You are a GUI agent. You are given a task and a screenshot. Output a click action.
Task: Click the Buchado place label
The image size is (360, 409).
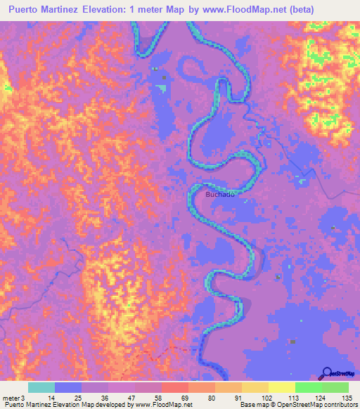coord(219,194)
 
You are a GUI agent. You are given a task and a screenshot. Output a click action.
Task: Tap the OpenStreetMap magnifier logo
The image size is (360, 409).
coord(328,373)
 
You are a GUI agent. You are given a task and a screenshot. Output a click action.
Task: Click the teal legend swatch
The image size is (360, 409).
coord(41,387)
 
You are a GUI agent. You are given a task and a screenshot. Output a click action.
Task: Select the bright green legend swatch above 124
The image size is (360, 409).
coord(309,387)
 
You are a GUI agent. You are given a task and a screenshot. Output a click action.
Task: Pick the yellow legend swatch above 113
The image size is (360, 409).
coord(282,387)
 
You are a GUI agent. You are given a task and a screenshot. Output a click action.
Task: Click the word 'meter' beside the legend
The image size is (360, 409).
coord(11,398)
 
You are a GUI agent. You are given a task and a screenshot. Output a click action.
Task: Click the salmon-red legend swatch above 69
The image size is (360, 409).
coord(175,387)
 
